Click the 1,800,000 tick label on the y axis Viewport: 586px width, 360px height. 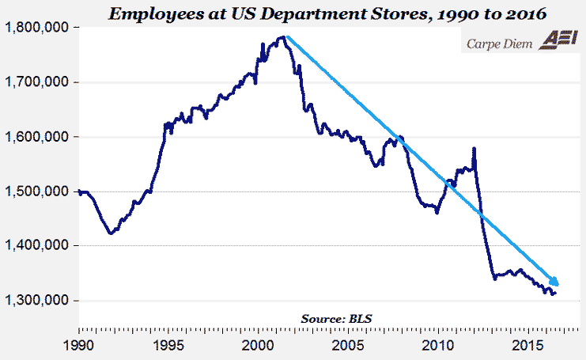[x=36, y=28]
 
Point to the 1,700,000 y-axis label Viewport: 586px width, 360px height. [x=36, y=82]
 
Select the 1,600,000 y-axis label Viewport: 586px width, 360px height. [x=36, y=137]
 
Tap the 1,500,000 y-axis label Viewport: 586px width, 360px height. [x=36, y=191]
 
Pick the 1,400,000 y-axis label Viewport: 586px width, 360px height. [x=36, y=246]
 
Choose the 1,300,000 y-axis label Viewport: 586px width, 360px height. [x=36, y=301]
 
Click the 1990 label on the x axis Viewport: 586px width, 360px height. [x=78, y=345]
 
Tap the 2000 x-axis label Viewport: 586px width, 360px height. [x=259, y=345]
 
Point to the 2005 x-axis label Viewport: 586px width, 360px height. [x=349, y=345]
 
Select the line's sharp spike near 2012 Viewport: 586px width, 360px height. [x=474, y=148]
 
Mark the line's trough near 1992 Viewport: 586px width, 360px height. [x=111, y=233]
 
